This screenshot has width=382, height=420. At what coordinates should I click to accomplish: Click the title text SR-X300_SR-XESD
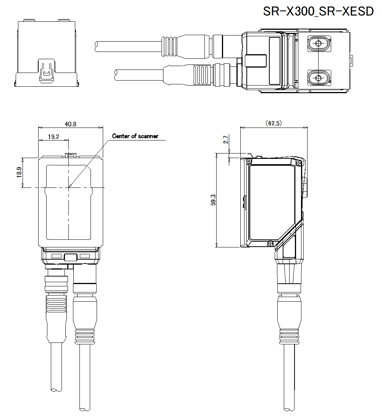(318, 11)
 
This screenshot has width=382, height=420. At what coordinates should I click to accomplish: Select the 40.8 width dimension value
(70, 124)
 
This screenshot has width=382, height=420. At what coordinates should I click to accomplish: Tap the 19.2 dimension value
(53, 137)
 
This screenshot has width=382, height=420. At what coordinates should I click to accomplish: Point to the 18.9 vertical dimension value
(19, 173)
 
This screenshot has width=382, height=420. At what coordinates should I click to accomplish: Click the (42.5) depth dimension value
(274, 123)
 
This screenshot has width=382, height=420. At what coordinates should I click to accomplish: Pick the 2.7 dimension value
(226, 140)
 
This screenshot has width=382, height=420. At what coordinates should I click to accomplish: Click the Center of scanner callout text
(135, 136)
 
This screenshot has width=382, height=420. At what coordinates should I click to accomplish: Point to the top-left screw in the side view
(249, 161)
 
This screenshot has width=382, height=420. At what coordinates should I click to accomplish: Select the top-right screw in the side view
(299, 163)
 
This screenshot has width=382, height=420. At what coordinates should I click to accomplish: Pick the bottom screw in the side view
(270, 243)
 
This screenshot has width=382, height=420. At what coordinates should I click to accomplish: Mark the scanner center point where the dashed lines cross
(69, 187)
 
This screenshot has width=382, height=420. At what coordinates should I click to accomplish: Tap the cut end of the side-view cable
(289, 409)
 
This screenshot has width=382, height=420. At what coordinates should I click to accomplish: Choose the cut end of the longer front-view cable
(84, 409)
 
